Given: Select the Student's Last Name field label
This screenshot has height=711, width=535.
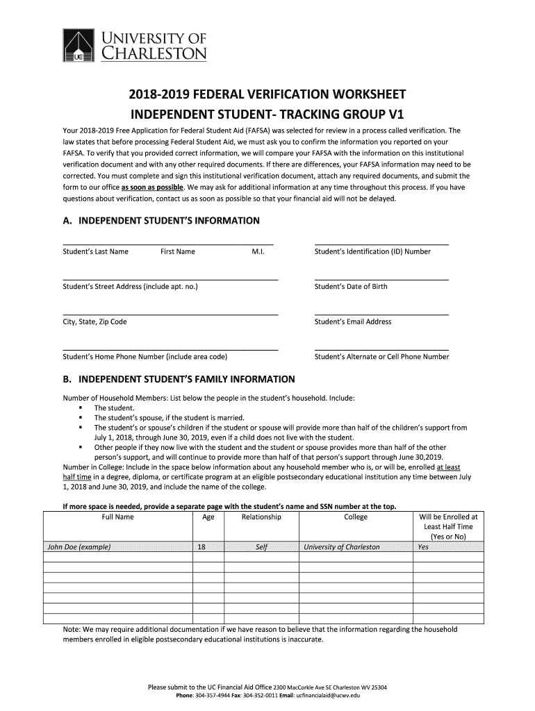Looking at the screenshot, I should (96, 251).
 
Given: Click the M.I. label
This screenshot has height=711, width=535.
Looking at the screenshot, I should (258, 251).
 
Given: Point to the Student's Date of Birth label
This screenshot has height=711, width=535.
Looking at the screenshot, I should (351, 286).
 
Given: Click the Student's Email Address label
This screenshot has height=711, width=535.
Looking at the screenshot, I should (353, 321).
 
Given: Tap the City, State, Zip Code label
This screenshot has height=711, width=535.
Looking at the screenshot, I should (95, 321).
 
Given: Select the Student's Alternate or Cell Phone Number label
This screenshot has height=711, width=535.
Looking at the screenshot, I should (381, 357).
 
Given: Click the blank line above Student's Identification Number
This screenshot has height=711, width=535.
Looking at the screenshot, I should (381, 244).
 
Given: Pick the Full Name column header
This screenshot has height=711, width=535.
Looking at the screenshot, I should (118, 517).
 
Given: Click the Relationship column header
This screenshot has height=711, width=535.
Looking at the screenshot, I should (261, 517).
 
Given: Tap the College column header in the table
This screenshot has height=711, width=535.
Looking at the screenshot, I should (356, 517).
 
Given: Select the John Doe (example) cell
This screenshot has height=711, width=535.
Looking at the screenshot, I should (79, 547).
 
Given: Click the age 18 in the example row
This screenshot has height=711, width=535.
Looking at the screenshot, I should (201, 547).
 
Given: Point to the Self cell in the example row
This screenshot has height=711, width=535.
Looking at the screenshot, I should (261, 547).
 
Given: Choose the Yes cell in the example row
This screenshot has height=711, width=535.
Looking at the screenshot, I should (423, 547).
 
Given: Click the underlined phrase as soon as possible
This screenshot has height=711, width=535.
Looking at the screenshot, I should (153, 187).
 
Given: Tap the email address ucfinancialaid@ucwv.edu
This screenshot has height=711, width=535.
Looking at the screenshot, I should (328, 695).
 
